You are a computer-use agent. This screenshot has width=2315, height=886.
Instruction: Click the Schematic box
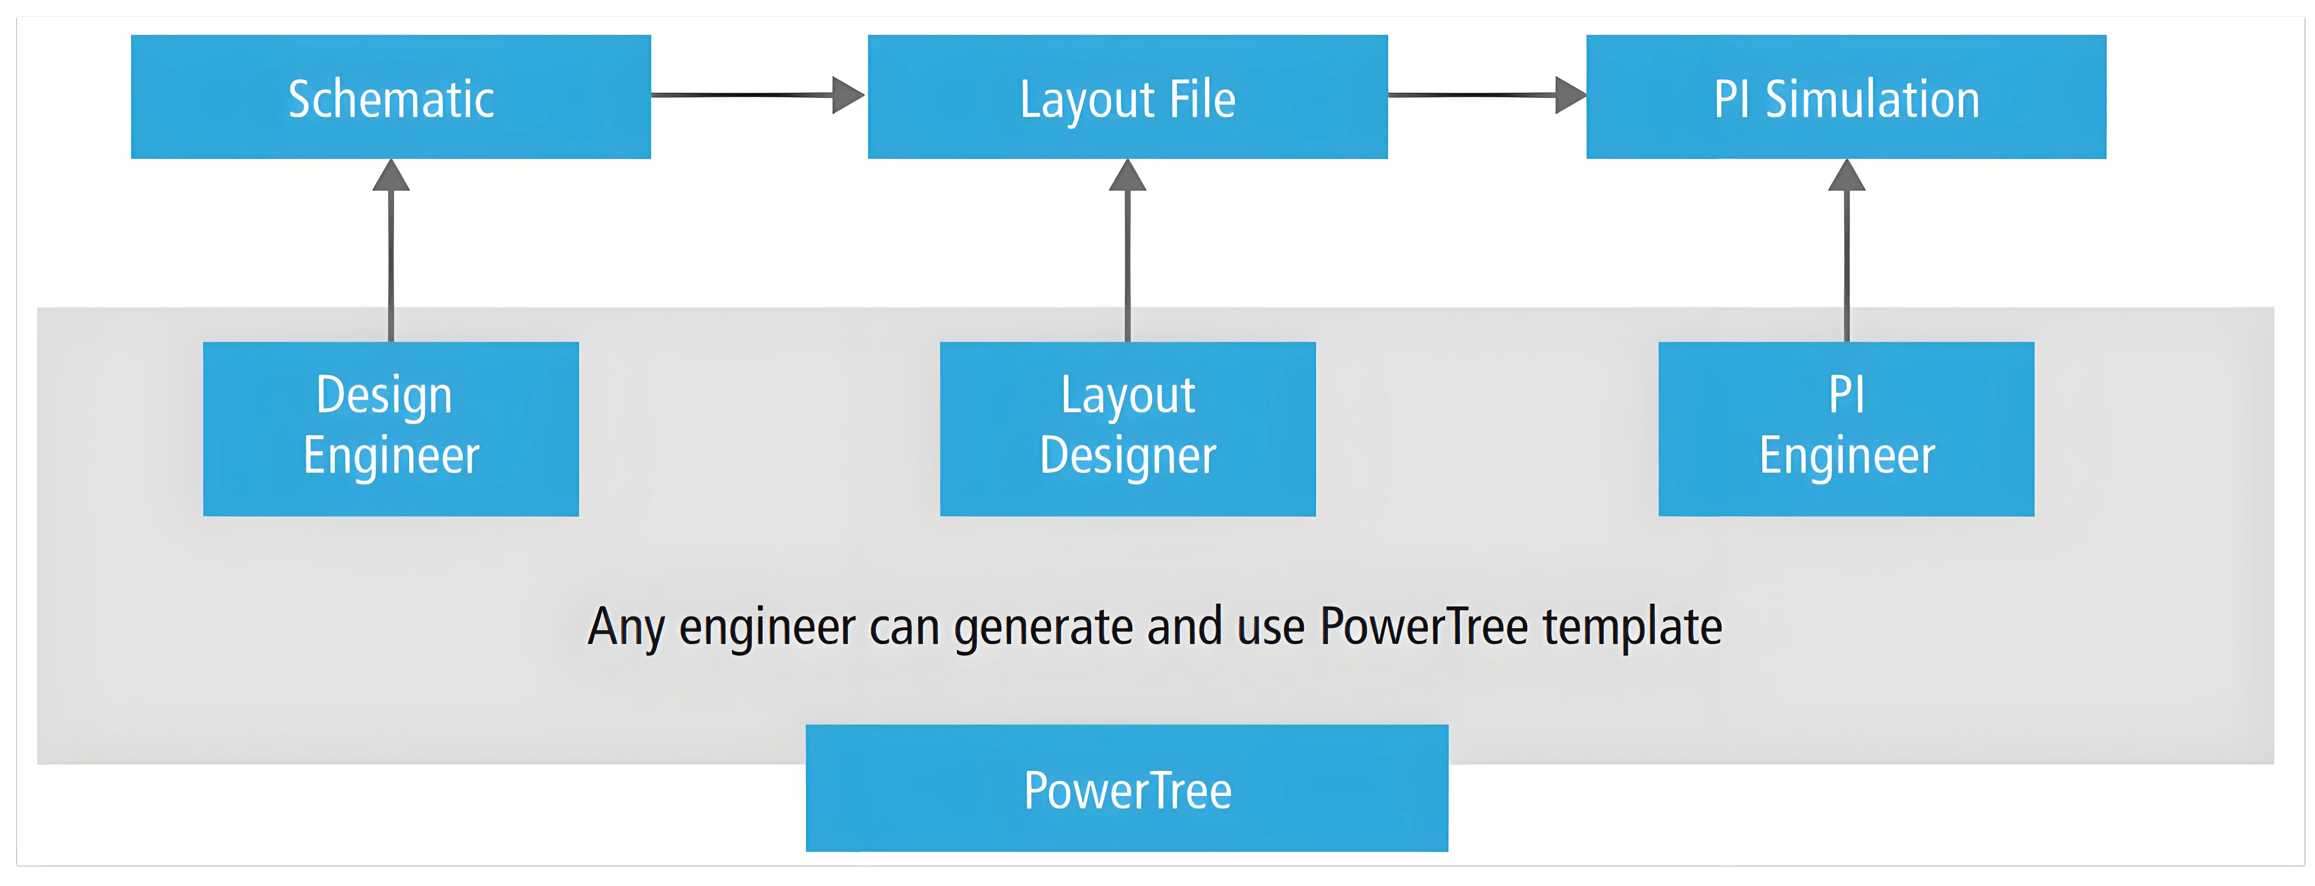click(391, 97)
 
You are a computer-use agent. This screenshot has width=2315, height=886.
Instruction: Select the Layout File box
click(1128, 97)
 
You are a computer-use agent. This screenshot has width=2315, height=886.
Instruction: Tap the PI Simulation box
click(1847, 97)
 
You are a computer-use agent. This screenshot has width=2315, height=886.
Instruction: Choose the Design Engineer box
click(391, 429)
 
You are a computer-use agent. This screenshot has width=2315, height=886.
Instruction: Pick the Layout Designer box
click(1128, 429)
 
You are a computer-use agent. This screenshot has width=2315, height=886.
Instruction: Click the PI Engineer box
click(1847, 429)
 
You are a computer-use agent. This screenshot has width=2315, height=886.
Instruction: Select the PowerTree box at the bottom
click(1127, 788)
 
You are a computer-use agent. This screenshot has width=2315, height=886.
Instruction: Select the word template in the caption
click(1633, 626)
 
